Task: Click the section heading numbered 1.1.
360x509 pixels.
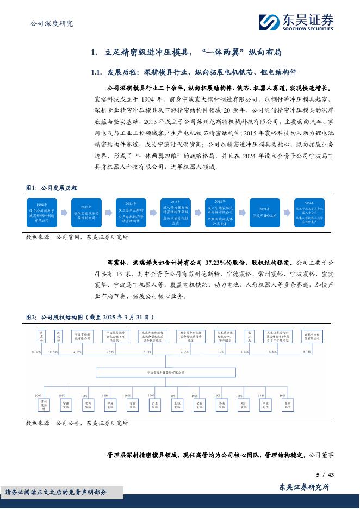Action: pos(194,72)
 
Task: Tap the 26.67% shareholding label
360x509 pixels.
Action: pos(36,352)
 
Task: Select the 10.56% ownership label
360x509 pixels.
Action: pos(53,352)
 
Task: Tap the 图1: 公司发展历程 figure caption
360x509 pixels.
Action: pos(52,188)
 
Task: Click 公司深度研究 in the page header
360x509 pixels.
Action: pos(50,23)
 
